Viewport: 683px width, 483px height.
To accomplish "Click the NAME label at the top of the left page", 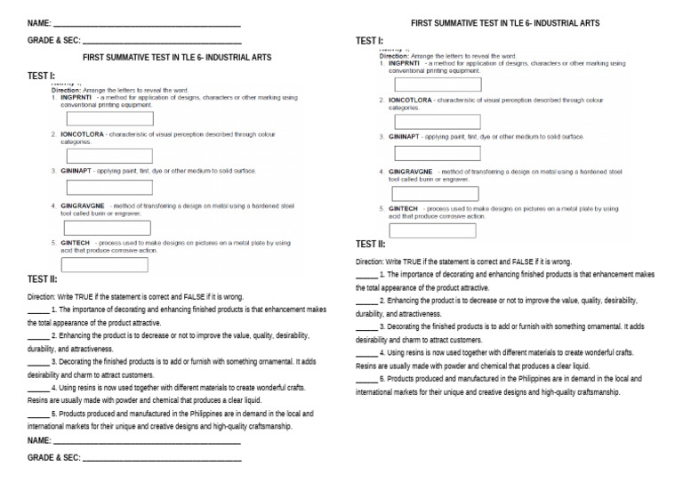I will point(39,22).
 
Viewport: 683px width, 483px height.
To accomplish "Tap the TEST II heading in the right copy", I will point(370,244).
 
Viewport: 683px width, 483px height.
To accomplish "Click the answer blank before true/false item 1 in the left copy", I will point(38,310).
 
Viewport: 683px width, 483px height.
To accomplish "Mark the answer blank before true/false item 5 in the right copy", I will point(366,380).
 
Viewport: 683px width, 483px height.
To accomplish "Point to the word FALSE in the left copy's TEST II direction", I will point(198,295).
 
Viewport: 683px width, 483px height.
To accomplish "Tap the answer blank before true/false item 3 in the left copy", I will point(38,362).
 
